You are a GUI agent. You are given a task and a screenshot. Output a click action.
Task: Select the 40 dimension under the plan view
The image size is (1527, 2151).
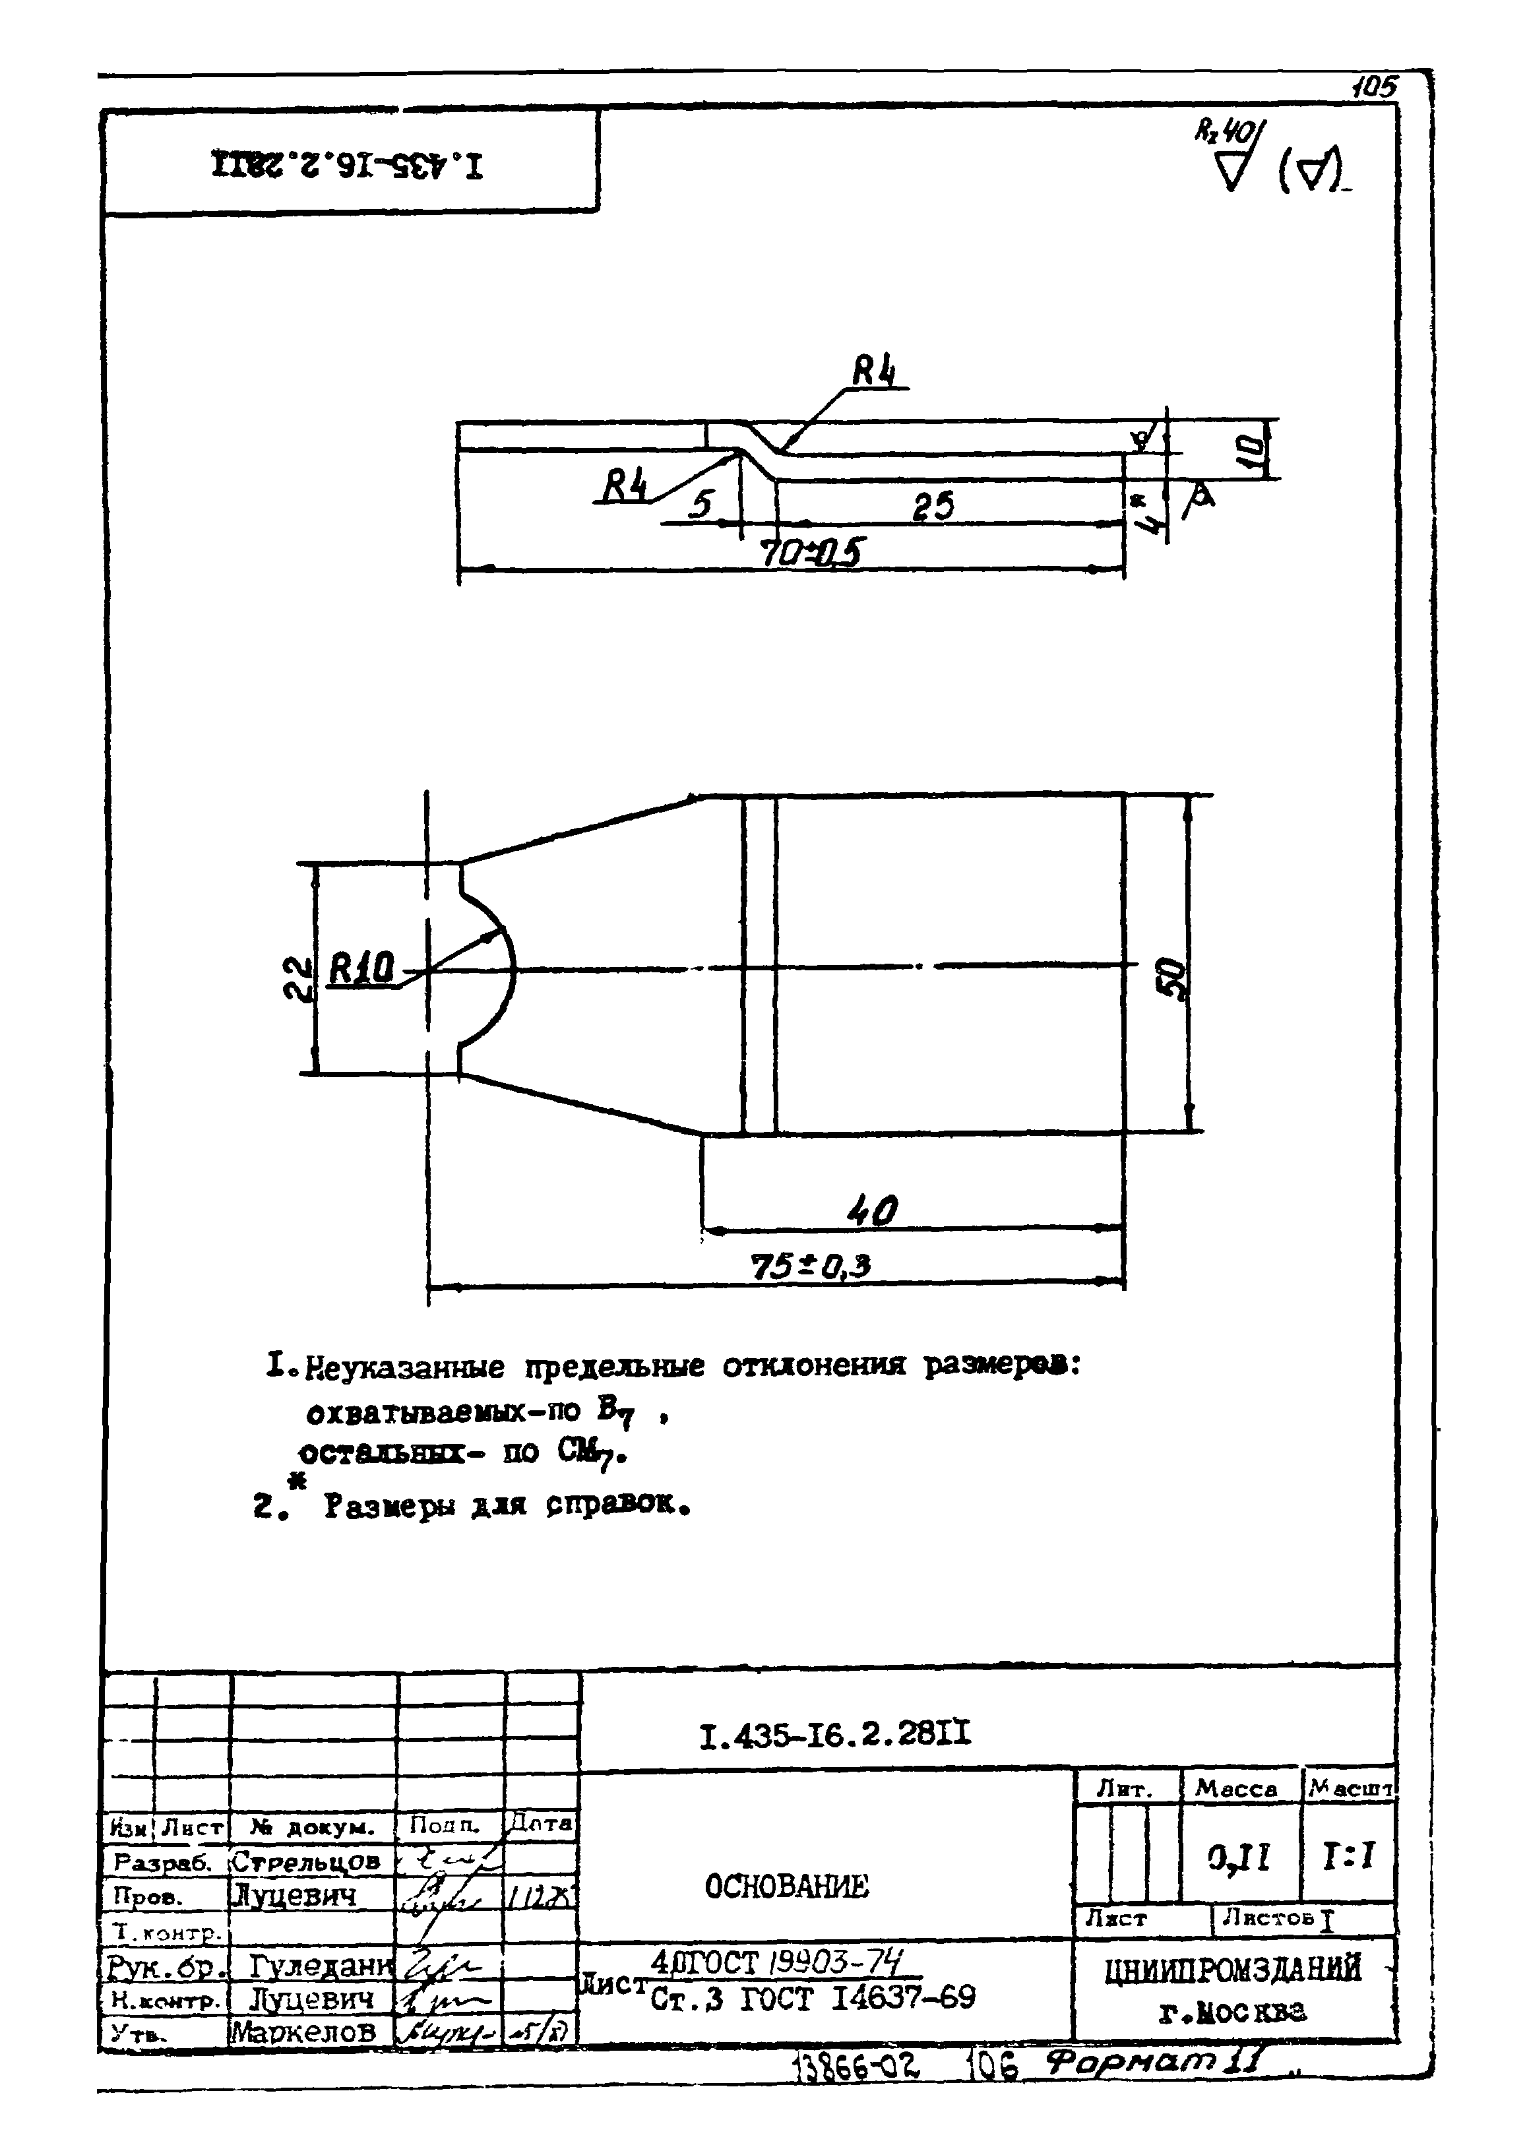click(x=873, y=1211)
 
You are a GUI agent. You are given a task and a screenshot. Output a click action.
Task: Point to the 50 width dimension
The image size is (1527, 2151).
click(x=1174, y=978)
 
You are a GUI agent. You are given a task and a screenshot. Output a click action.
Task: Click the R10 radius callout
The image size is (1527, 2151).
click(x=360, y=968)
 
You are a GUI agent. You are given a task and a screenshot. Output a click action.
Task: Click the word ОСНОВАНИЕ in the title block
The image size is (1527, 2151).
click(x=787, y=1886)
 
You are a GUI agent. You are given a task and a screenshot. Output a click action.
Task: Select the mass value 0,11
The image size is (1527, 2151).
click(x=1239, y=1855)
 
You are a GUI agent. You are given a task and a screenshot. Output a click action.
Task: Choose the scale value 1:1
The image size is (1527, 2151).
click(x=1348, y=1855)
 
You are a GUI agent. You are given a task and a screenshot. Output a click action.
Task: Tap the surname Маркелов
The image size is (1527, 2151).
click(x=303, y=2032)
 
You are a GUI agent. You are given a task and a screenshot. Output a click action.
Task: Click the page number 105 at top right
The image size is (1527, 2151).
click(x=1375, y=88)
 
